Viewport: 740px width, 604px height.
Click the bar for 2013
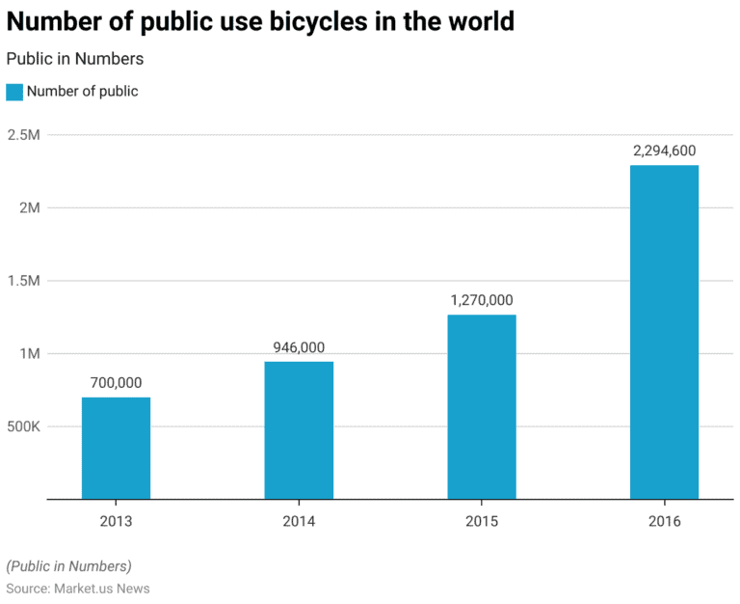click(116, 448)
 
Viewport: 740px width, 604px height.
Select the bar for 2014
click(299, 430)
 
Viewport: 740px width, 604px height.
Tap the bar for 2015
click(482, 406)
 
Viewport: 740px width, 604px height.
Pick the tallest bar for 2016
click(664, 332)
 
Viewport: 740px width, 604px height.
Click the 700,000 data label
click(116, 383)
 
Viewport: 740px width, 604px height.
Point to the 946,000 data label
click(299, 347)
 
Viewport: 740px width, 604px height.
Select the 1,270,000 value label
click(482, 300)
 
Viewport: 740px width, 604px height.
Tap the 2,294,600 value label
click(664, 151)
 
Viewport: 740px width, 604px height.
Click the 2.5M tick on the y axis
click(23, 135)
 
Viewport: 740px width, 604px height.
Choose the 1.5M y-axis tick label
click(23, 281)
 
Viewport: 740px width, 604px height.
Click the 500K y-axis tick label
click(23, 426)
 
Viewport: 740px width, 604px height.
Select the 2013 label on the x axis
click(116, 521)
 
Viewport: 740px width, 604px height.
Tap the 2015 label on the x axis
click(482, 521)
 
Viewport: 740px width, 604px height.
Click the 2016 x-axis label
click(664, 521)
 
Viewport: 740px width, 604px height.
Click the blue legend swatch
click(14, 92)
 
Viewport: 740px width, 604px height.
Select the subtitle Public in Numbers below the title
click(75, 59)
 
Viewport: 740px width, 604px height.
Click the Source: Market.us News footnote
click(78, 588)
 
